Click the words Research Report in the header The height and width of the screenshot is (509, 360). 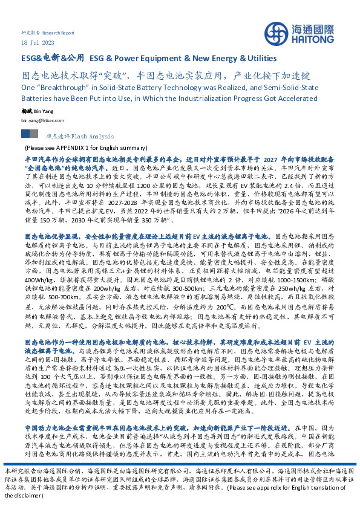pos(61,33)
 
